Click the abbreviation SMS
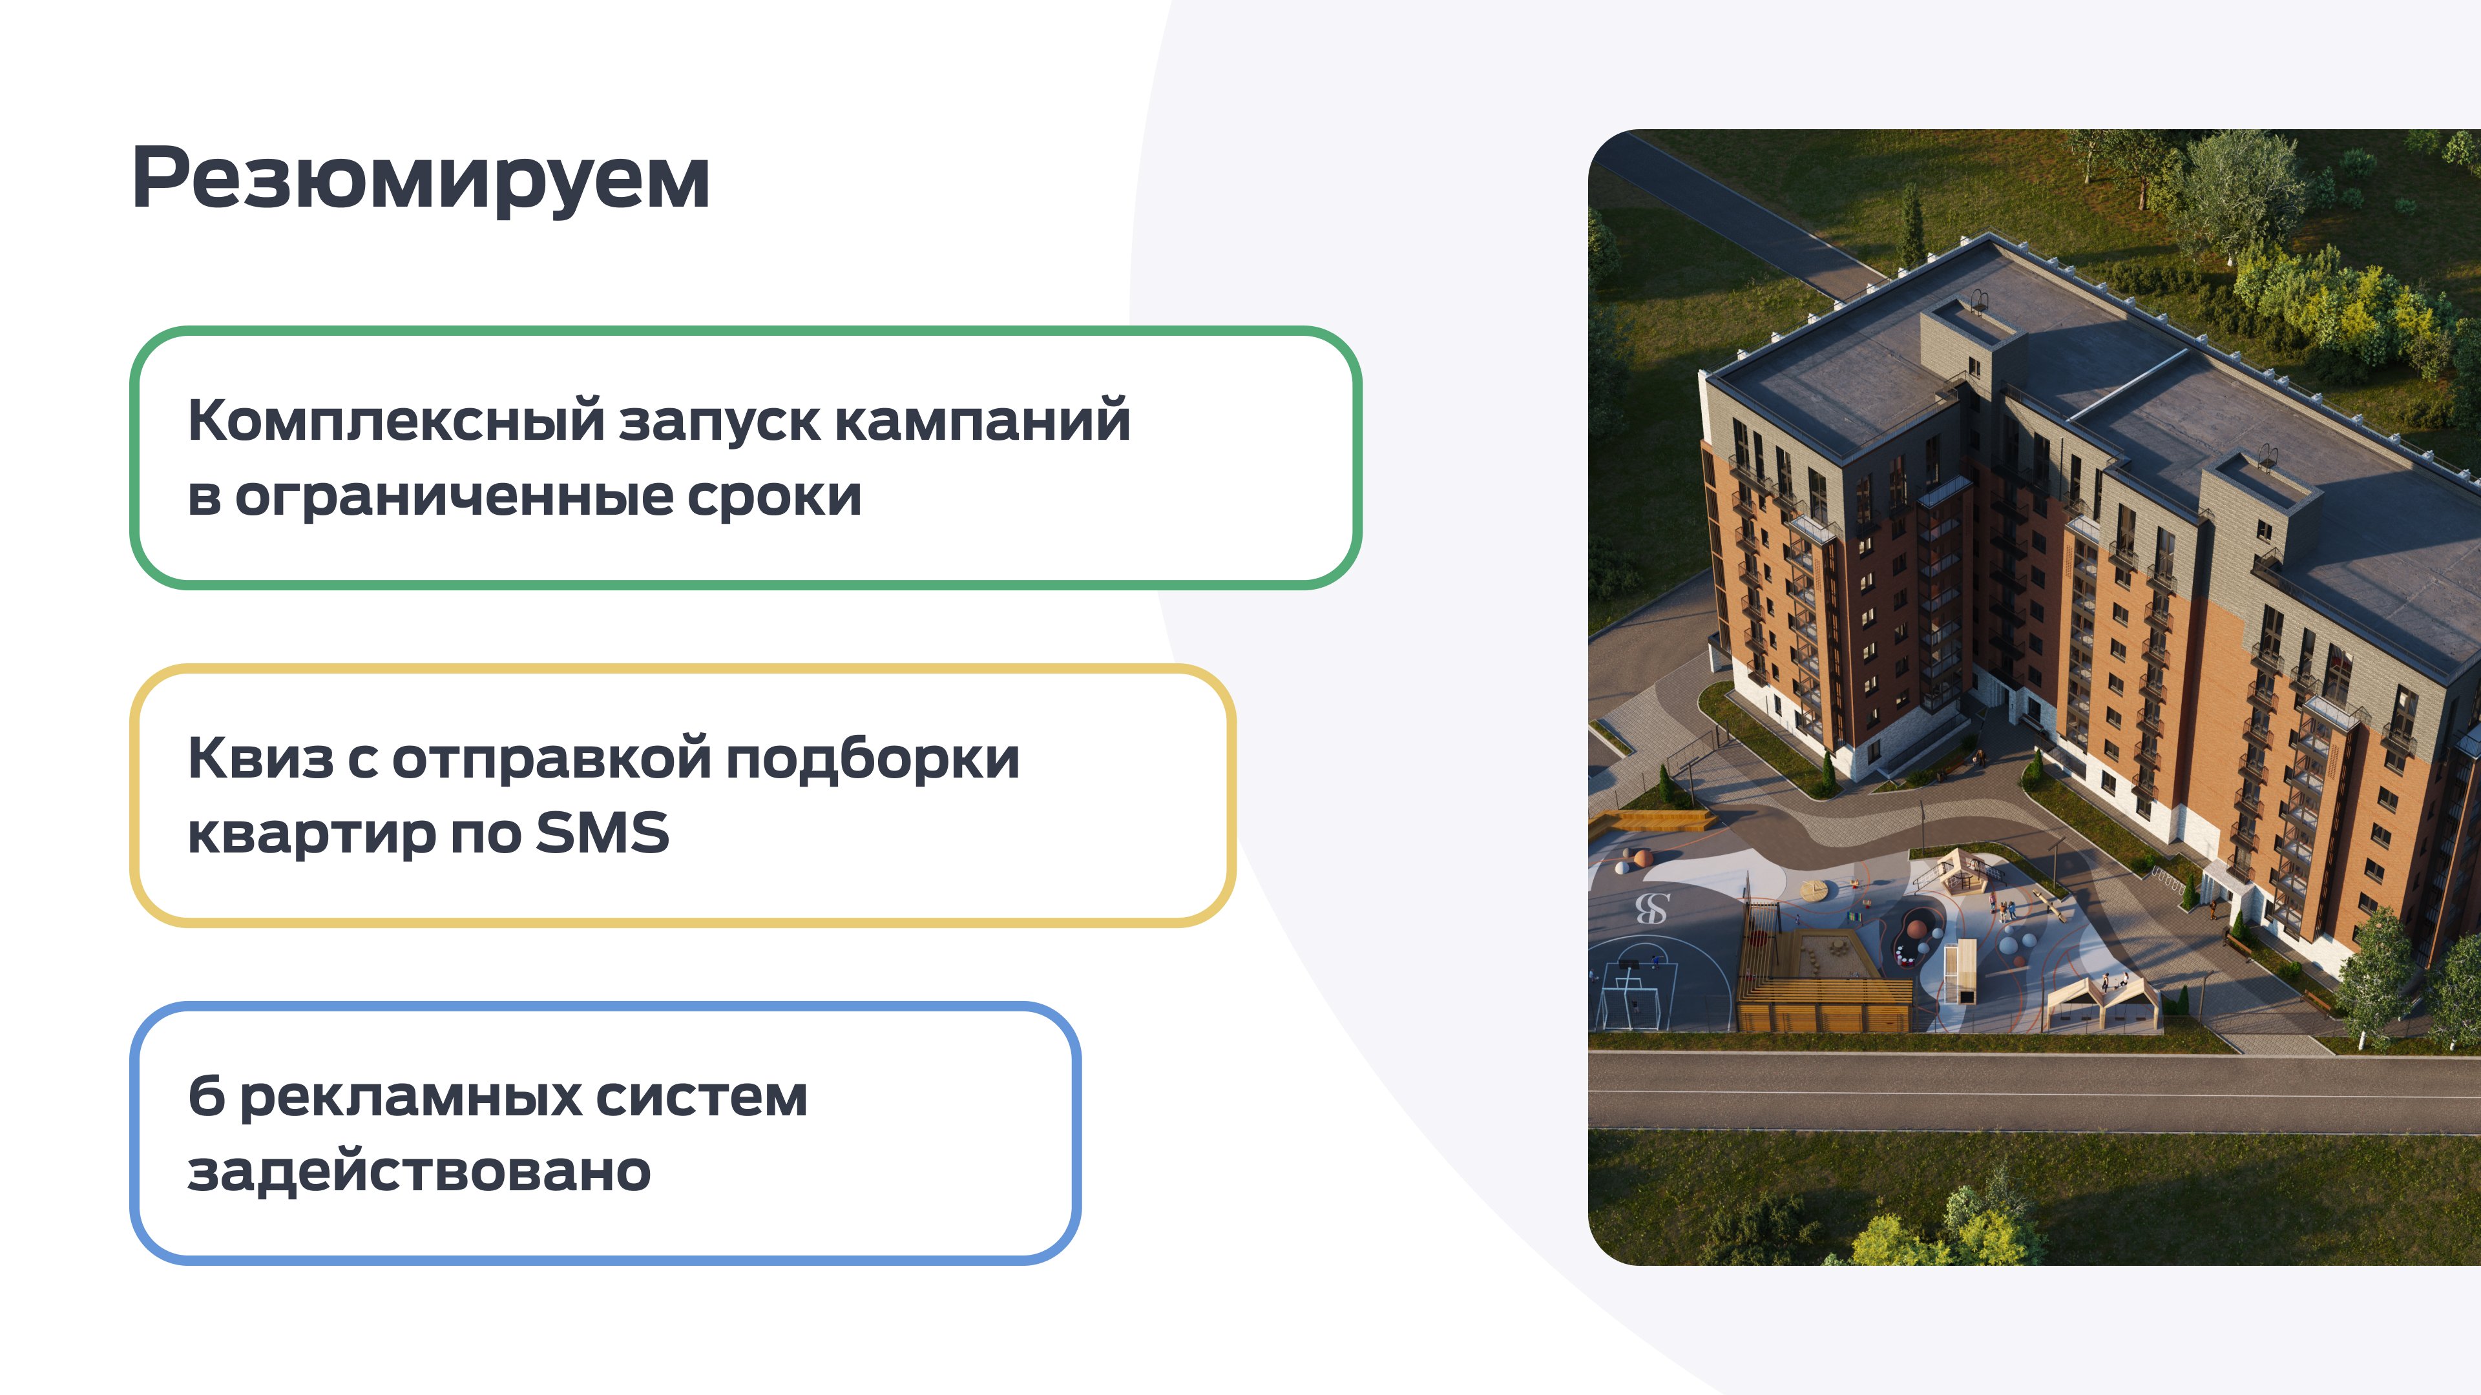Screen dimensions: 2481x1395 (602, 832)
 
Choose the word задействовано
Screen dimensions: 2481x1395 (419, 1172)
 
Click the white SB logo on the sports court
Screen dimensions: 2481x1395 (1653, 908)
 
